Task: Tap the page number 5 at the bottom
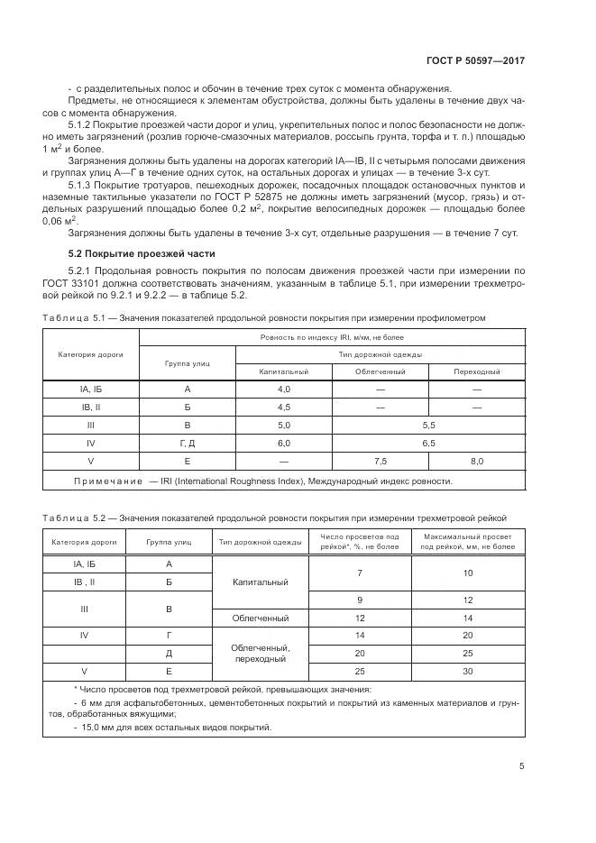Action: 522,766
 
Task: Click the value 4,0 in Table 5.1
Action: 283,389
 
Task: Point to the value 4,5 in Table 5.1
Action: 283,407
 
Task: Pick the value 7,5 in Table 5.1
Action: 380,461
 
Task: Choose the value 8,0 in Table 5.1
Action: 477,461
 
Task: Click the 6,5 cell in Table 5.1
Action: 428,443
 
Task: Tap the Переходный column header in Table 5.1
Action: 477,371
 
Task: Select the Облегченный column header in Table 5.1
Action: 380,371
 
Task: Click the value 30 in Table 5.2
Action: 467,671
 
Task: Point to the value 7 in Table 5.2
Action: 359,573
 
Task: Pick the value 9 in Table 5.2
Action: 359,600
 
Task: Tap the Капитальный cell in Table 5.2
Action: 259,582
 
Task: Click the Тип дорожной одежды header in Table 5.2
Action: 259,542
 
